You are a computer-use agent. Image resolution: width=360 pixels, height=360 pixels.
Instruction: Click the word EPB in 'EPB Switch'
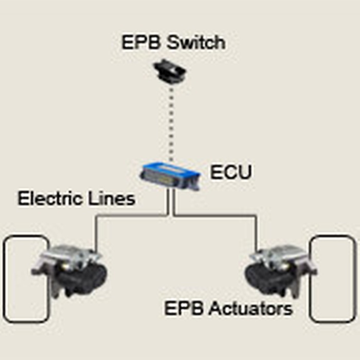(138, 42)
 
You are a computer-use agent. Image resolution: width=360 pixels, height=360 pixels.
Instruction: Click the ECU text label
(231, 172)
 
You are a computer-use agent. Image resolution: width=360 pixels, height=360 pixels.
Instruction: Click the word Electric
(51, 199)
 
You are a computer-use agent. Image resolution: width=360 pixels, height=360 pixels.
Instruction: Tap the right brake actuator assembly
(280, 270)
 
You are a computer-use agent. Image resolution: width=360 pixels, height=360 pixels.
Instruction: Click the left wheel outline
(26, 278)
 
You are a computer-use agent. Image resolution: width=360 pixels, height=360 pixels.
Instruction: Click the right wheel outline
(333, 278)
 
